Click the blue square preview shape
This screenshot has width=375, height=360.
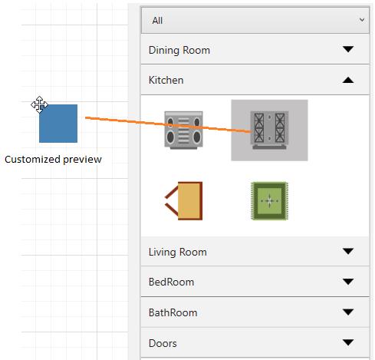pyautogui.click(x=58, y=124)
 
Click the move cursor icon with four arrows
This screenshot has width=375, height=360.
pyautogui.click(x=39, y=104)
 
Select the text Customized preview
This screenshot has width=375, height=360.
pyautogui.click(x=53, y=160)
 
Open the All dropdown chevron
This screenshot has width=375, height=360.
pyautogui.click(x=362, y=20)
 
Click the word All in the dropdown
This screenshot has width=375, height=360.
pyautogui.click(x=157, y=21)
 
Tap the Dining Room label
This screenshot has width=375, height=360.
pyautogui.click(x=179, y=50)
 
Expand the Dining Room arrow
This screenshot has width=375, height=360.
pyautogui.click(x=348, y=49)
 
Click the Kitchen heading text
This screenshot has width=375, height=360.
pyautogui.click(x=166, y=80)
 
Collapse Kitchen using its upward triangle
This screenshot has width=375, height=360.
pyautogui.click(x=348, y=80)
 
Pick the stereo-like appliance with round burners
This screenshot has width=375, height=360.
pyautogui.click(x=183, y=130)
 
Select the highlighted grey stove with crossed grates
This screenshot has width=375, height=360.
pyautogui.click(x=269, y=130)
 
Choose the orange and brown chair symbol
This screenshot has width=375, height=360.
pyautogui.click(x=184, y=201)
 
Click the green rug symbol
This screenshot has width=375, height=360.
pyautogui.click(x=269, y=201)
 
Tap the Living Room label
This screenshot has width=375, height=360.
pyautogui.click(x=178, y=252)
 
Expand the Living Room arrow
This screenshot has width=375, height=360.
pyautogui.click(x=348, y=251)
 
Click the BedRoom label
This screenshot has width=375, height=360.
pyautogui.click(x=171, y=282)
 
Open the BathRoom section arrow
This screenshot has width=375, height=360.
pyautogui.click(x=348, y=312)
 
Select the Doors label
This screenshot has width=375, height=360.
pyautogui.click(x=163, y=343)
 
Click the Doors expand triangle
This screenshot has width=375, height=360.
pyautogui.click(x=348, y=342)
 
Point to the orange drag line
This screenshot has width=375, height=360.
pyautogui.click(x=168, y=125)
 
